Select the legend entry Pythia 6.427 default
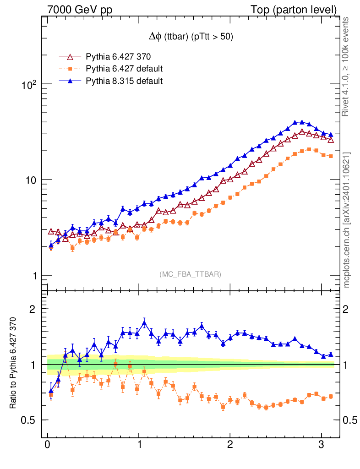[124, 69]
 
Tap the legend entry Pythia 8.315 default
[124, 81]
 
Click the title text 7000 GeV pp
[80, 9]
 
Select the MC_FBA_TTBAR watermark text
[191, 274]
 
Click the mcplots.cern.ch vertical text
[347, 220]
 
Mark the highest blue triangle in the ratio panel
[144, 323]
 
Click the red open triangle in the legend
[70, 57]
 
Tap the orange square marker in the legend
[70, 69]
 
